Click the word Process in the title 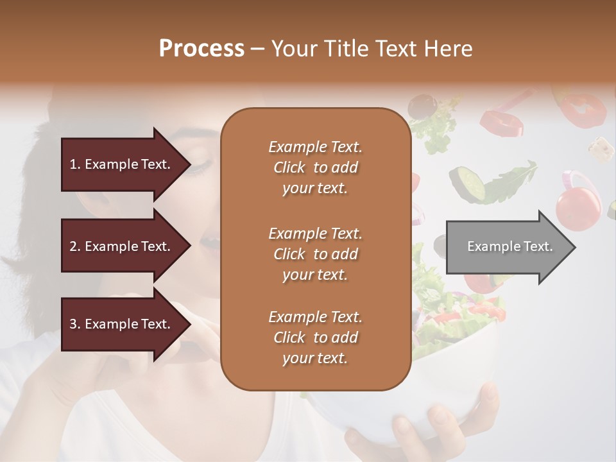[201, 49]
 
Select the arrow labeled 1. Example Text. [122, 164]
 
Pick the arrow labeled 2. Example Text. [122, 246]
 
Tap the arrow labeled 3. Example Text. [122, 324]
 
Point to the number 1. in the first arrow [75, 164]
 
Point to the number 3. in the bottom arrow [75, 324]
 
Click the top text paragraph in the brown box [315, 167]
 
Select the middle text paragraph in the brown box [315, 253]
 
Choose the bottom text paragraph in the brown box [315, 338]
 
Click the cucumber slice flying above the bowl [468, 182]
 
